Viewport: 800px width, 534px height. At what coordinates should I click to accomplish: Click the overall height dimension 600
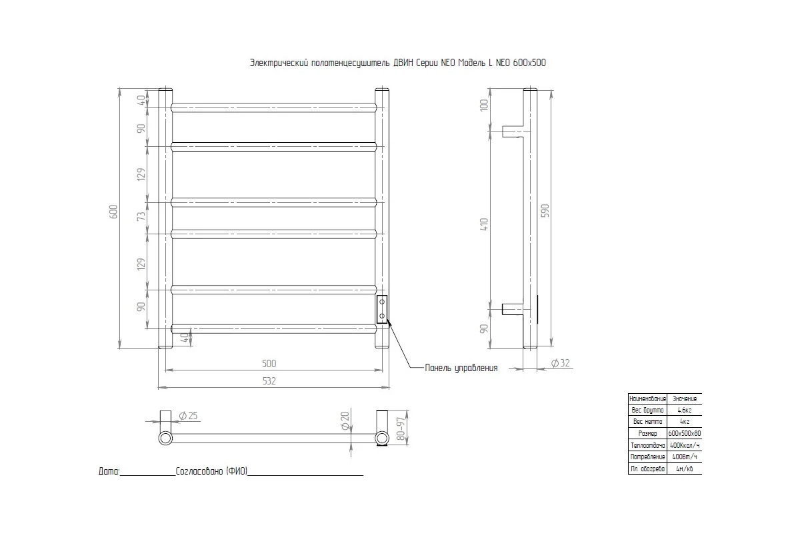pyautogui.click(x=113, y=212)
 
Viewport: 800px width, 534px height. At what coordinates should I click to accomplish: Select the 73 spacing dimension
pyautogui.click(x=141, y=218)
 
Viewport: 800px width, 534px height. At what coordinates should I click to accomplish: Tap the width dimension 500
pyautogui.click(x=269, y=364)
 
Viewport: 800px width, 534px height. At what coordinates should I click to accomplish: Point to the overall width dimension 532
pyautogui.click(x=269, y=381)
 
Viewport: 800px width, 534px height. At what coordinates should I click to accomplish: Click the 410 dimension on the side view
pyautogui.click(x=484, y=224)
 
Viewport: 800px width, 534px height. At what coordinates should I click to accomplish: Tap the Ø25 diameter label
pyautogui.click(x=189, y=416)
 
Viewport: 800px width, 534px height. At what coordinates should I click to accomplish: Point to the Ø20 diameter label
pyautogui.click(x=345, y=421)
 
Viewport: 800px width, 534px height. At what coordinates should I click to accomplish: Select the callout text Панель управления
pyautogui.click(x=461, y=368)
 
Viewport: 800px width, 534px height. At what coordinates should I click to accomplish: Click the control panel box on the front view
pyautogui.click(x=382, y=309)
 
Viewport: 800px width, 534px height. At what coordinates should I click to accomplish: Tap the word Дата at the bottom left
pyautogui.click(x=109, y=471)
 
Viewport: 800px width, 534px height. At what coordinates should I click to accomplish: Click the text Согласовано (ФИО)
pyautogui.click(x=211, y=471)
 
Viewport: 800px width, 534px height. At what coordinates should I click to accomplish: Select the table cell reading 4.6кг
pyautogui.click(x=684, y=410)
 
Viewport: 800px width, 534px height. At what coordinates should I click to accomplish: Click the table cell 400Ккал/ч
pyautogui.click(x=684, y=445)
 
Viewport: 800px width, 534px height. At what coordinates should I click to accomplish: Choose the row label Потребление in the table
pyautogui.click(x=647, y=457)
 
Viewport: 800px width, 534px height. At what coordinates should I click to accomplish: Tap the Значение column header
pyautogui.click(x=684, y=398)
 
